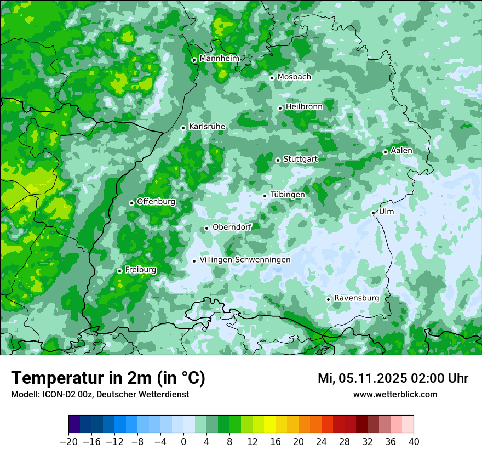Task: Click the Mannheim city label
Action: pyautogui.click(x=219, y=59)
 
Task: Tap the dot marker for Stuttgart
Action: pyautogui.click(x=278, y=160)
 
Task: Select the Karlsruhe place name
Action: pyautogui.click(x=206, y=127)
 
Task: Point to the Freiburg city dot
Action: pyautogui.click(x=119, y=271)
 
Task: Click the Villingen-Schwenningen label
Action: pyautogui.click(x=245, y=260)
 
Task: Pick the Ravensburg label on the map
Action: pyautogui.click(x=357, y=298)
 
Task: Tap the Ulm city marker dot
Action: pyautogui.click(x=373, y=213)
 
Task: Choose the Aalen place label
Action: pyautogui.click(x=401, y=151)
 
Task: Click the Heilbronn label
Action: pyautogui.click(x=304, y=107)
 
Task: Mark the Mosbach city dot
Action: pyautogui.click(x=272, y=78)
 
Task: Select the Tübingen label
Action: pyautogui.click(x=288, y=195)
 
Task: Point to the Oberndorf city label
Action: pyautogui.click(x=232, y=228)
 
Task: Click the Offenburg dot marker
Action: pyautogui.click(x=131, y=203)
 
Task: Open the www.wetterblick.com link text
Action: pyautogui.click(x=395, y=395)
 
